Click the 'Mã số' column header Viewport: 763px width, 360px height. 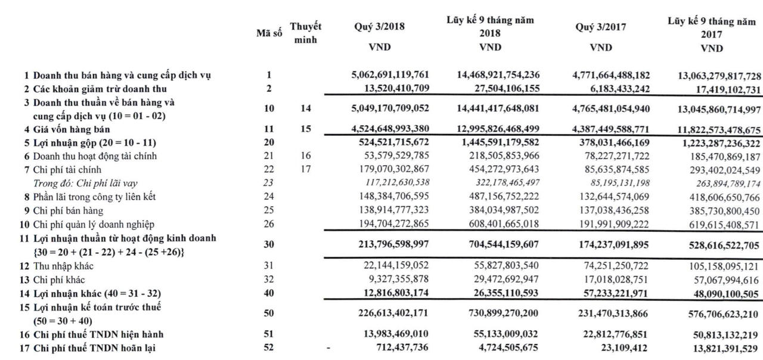coord(269,33)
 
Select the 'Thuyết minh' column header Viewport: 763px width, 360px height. coord(306,33)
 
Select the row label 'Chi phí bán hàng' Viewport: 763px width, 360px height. coord(68,210)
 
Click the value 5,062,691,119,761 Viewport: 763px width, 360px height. coord(390,75)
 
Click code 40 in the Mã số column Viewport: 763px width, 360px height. coord(269,293)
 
